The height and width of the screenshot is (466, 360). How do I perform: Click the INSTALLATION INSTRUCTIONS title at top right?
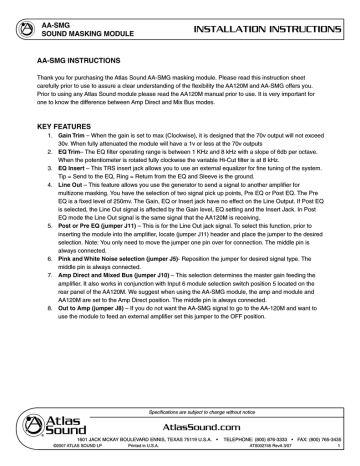point(286,16)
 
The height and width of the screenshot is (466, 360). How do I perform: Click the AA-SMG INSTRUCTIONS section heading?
point(72,59)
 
